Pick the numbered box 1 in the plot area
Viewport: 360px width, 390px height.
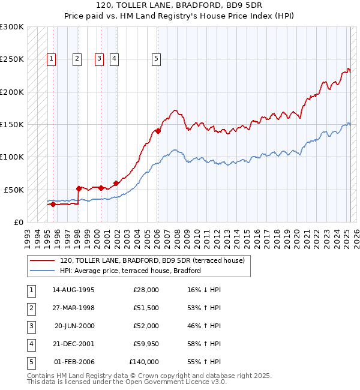(52, 59)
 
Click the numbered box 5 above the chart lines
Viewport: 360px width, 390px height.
(156, 59)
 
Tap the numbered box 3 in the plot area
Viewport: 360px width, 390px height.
(99, 59)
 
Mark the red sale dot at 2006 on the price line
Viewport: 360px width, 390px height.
(158, 131)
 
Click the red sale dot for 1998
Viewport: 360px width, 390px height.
(79, 188)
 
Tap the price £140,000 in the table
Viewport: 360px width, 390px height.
(144, 362)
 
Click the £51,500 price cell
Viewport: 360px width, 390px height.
(146, 308)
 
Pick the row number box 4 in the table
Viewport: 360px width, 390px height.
(30, 344)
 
